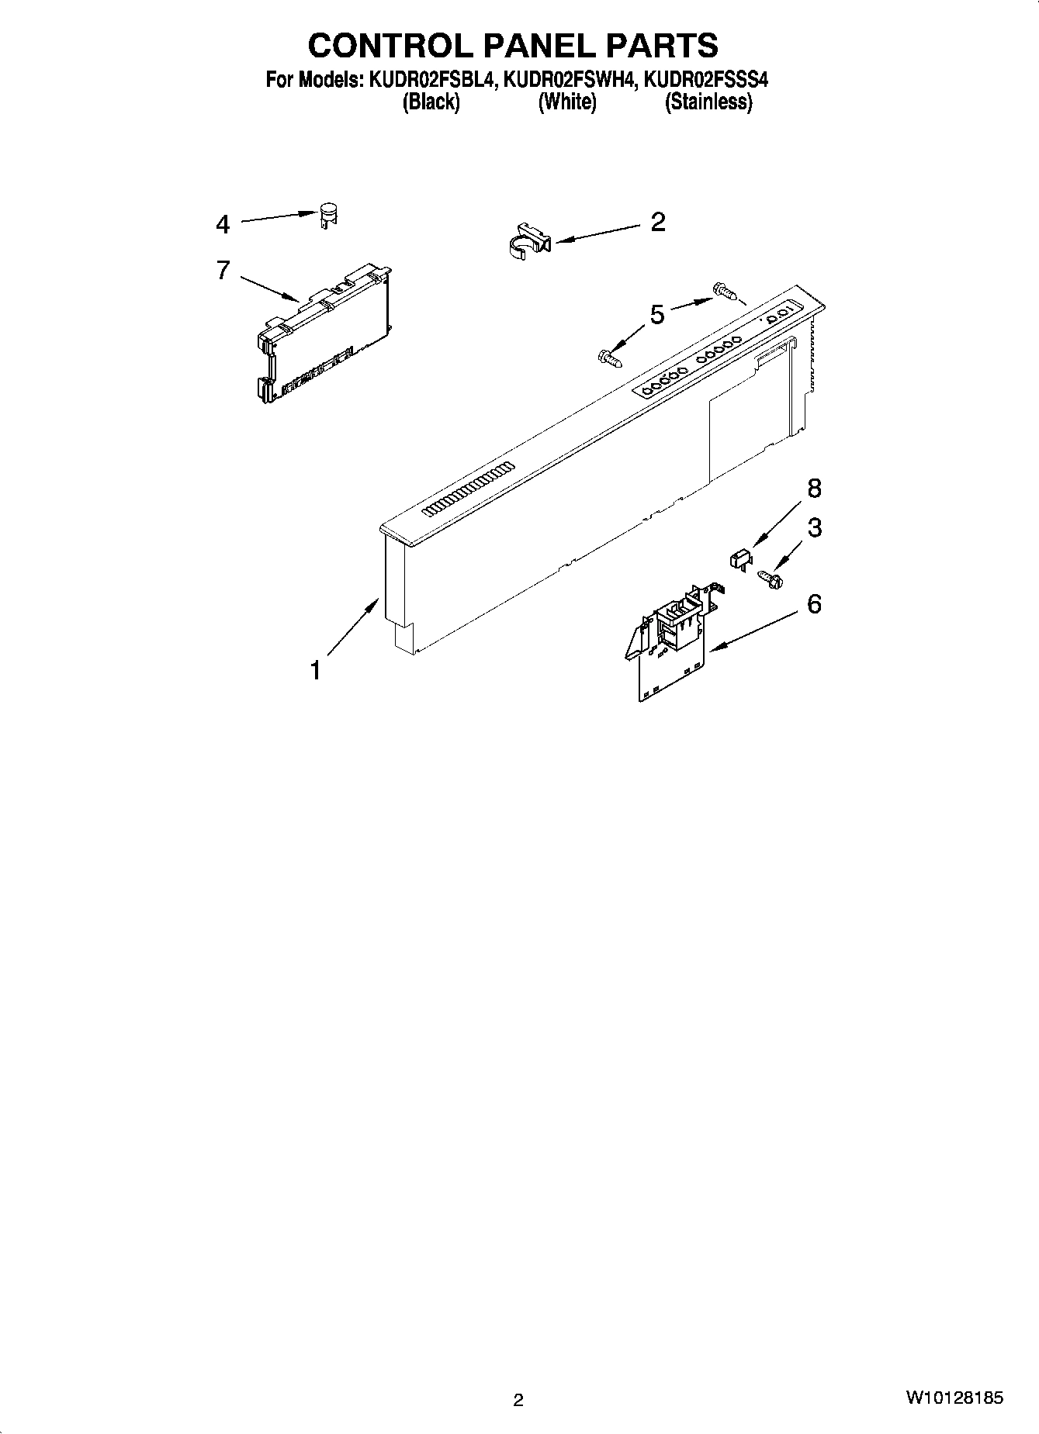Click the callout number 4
[223, 225]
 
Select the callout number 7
[223, 271]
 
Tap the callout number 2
[657, 223]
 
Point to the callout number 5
[657, 315]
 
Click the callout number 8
[813, 489]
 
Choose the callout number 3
[814, 528]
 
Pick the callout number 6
[814, 604]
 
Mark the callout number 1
[315, 669]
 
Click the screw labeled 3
[770, 577]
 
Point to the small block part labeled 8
[740, 558]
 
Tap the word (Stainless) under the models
[708, 102]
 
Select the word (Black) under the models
[431, 102]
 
